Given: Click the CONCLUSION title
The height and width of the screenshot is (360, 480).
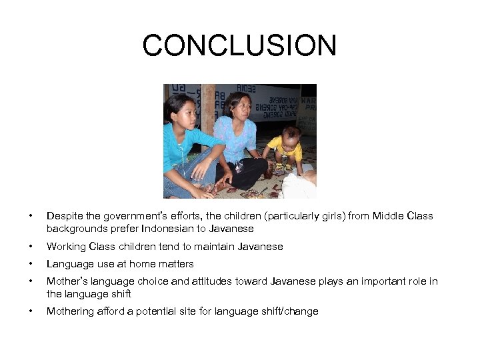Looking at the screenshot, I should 239,46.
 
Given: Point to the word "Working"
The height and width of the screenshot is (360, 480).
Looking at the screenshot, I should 66,247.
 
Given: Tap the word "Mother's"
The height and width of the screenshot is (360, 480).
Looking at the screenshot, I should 67,281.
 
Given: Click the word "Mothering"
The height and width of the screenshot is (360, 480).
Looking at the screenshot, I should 71,311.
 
